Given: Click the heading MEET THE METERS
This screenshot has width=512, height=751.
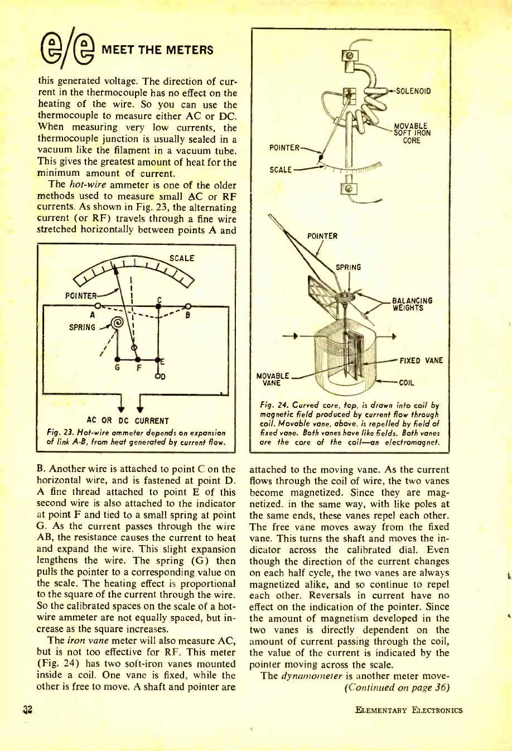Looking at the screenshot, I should tap(157, 50).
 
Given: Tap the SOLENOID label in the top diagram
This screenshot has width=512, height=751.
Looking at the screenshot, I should tap(413, 91).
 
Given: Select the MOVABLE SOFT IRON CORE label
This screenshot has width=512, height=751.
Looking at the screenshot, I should tap(412, 133).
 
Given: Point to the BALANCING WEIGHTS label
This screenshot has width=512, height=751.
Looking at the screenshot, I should tap(413, 304).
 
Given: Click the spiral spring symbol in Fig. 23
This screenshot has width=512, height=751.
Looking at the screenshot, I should tap(117, 324).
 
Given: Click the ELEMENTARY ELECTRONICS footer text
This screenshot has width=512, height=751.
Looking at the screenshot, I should tap(408, 710).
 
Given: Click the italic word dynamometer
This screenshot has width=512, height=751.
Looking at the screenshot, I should tap(311, 676).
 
